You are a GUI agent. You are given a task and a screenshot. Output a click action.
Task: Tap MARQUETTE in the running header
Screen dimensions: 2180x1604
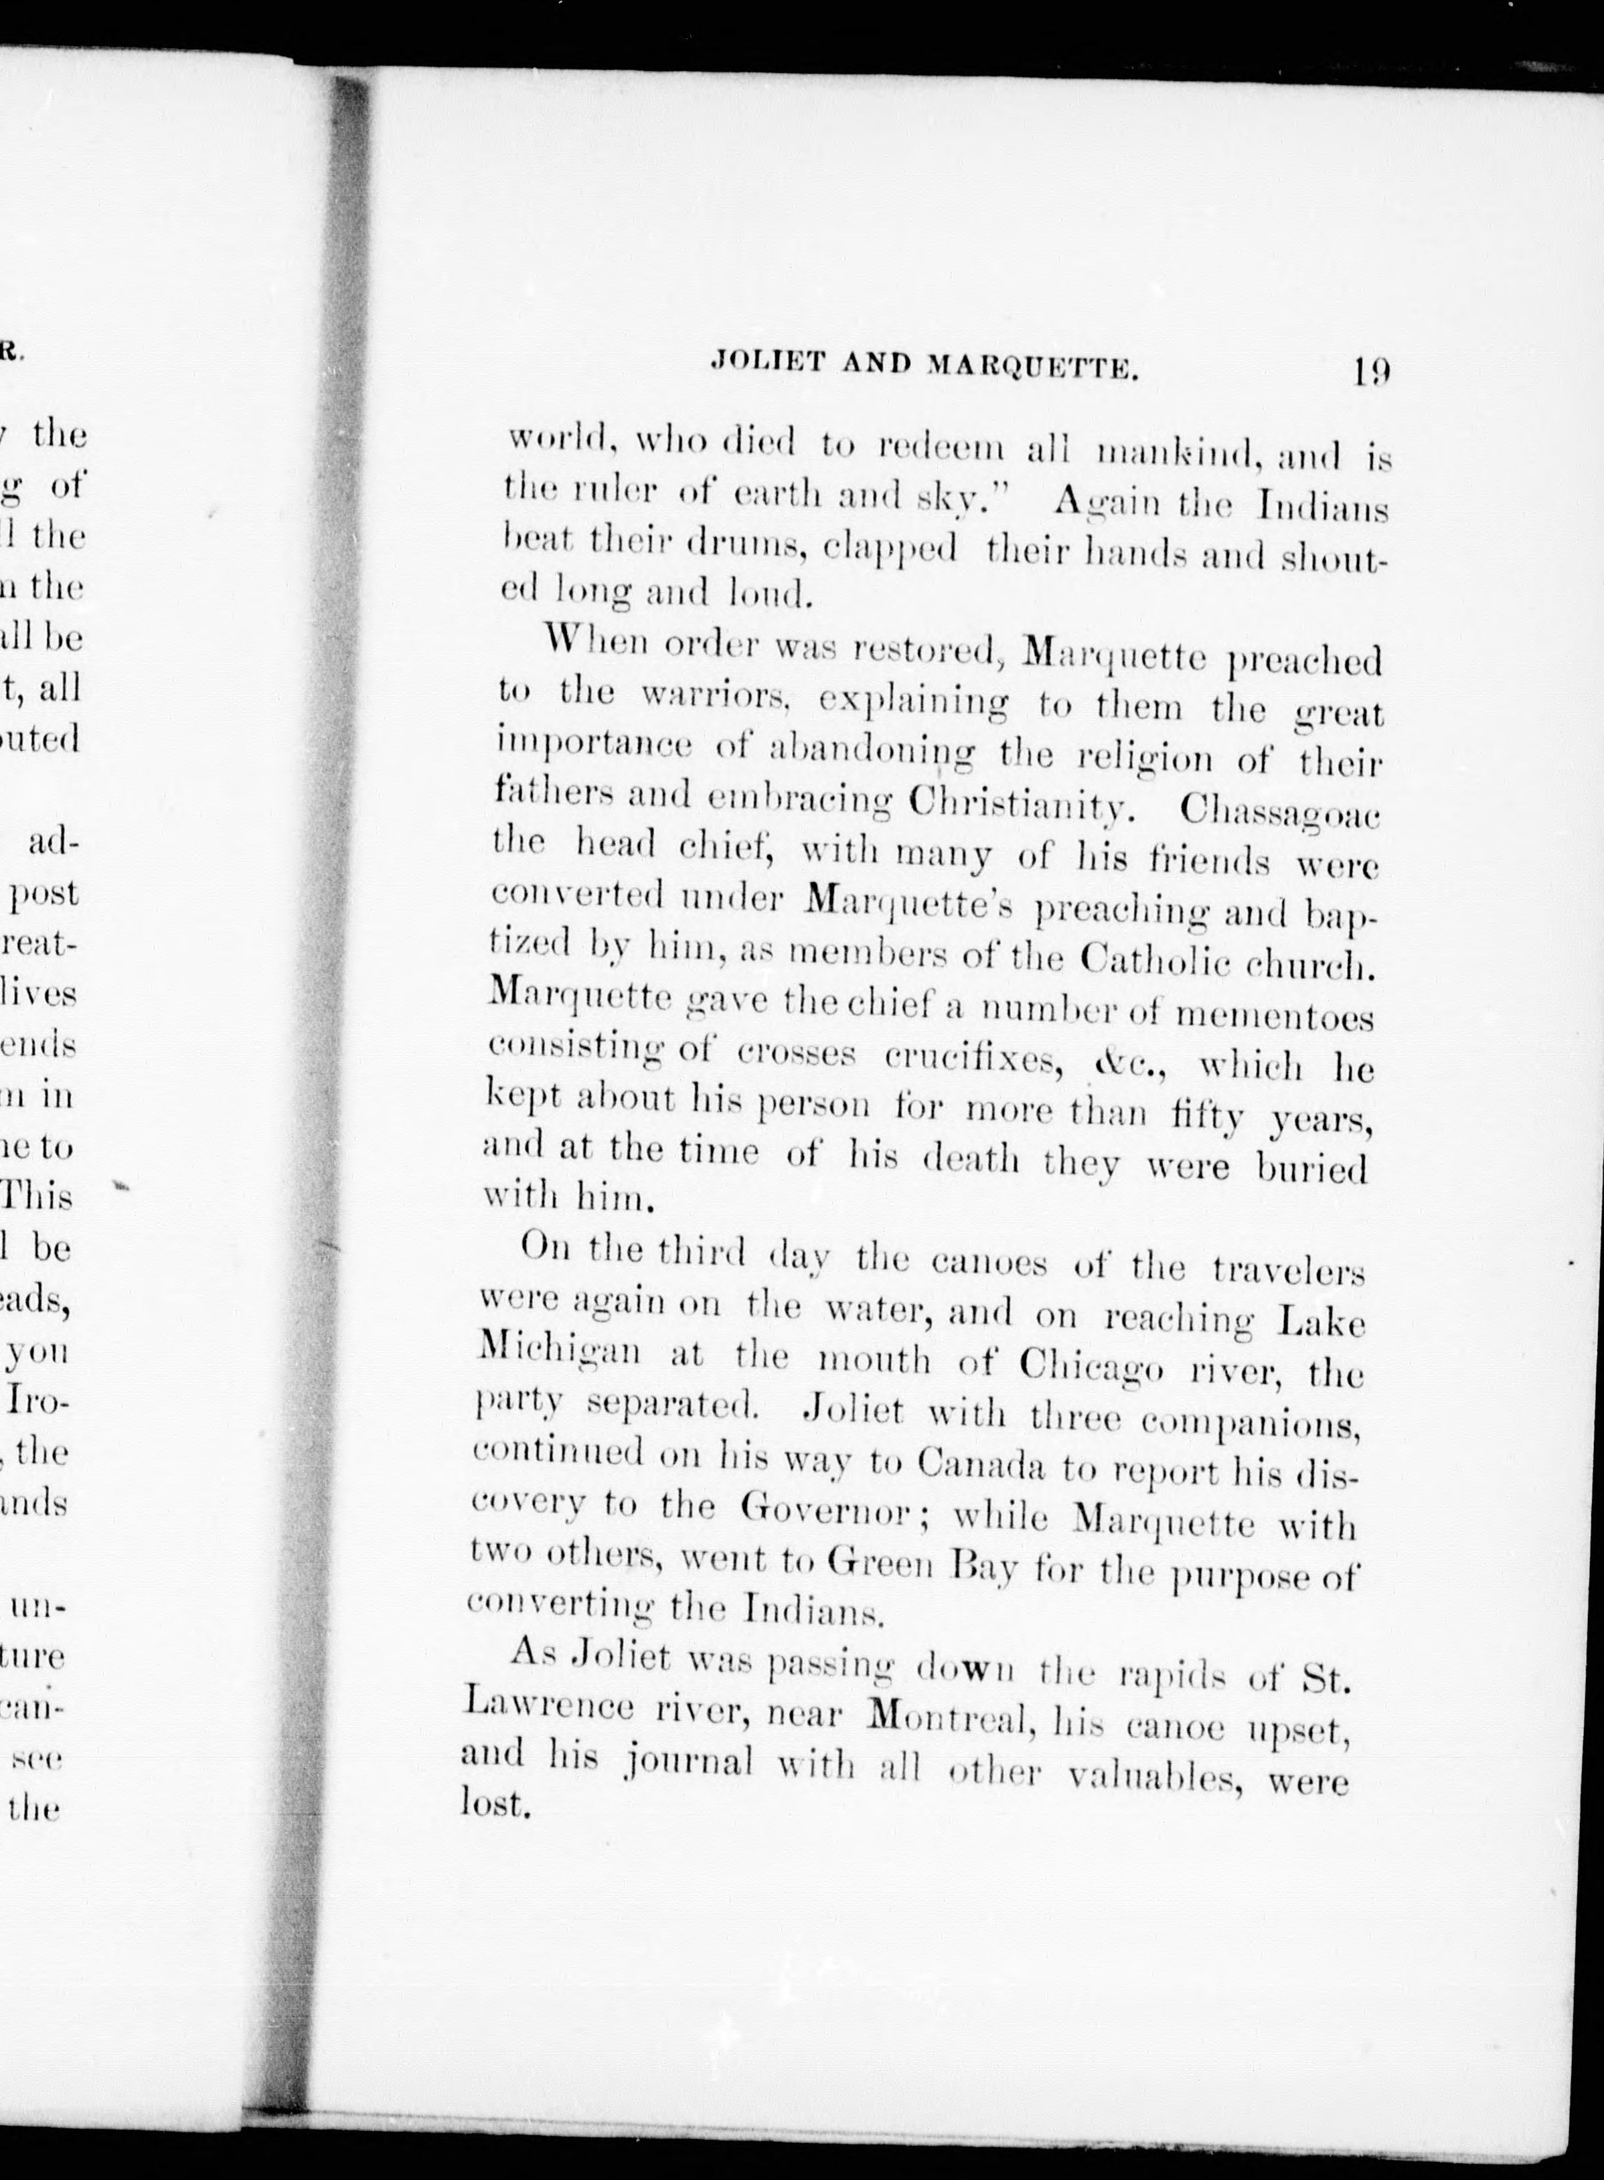[1032, 367]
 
